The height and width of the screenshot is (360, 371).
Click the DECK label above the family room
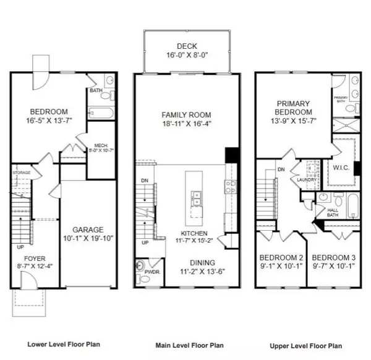(186, 45)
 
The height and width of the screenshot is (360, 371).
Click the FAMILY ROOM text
(186, 115)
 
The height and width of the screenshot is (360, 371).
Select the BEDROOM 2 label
(280, 258)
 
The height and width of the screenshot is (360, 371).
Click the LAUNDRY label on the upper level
(307, 180)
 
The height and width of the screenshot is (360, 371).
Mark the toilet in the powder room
(139, 267)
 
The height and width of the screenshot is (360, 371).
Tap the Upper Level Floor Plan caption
(307, 345)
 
